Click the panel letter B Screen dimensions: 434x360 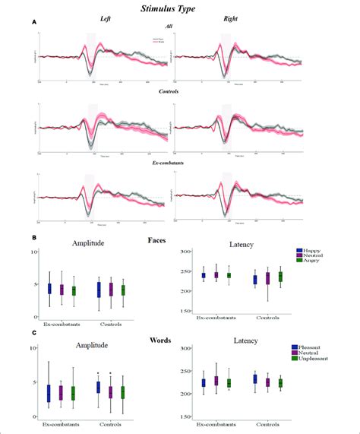[35, 237]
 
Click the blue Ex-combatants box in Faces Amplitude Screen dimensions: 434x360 [49, 289]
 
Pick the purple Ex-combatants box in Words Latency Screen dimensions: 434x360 [216, 380]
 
